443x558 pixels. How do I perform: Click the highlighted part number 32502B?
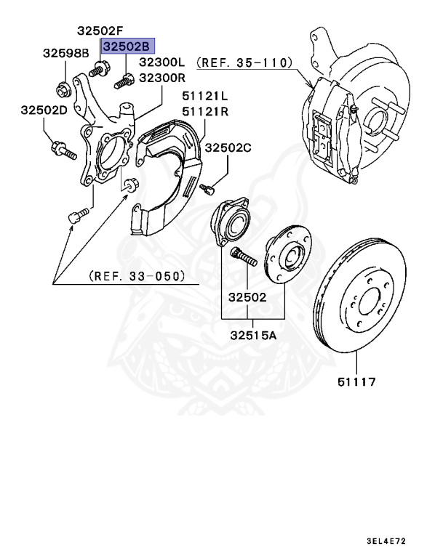click(128, 46)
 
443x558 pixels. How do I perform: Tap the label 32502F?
click(101, 31)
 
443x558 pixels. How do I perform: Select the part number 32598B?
click(65, 53)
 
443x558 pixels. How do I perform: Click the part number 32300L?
click(163, 62)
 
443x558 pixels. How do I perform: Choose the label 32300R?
click(163, 77)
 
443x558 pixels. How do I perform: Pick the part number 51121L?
click(205, 95)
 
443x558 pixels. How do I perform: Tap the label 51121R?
click(205, 110)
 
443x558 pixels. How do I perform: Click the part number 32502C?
click(228, 147)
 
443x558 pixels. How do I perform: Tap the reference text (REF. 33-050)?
click(136, 276)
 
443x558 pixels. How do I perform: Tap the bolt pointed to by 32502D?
click(61, 152)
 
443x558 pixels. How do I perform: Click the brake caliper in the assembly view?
click(331, 134)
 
